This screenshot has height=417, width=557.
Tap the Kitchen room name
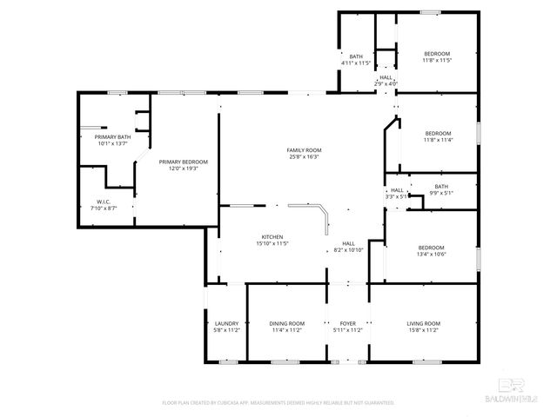[272, 237]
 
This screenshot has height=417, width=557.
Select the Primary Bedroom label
[183, 162]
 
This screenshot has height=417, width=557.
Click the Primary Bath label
[112, 137]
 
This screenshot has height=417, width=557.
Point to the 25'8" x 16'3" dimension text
[304, 157]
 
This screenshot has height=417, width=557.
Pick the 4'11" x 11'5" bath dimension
[355, 63]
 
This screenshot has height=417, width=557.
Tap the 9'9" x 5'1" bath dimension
[441, 194]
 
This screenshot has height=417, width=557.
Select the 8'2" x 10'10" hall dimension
[348, 250]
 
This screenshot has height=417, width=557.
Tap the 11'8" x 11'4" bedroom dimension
[438, 140]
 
